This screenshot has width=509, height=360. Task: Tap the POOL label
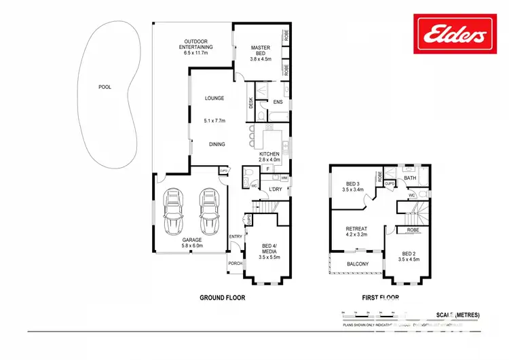[x=105, y=87]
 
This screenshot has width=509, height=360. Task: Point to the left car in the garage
[x=173, y=211]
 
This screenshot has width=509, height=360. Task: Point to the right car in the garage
[x=209, y=211]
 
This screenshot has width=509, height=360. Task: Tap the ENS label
[x=278, y=102]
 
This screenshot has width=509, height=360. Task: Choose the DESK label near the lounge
[x=250, y=103]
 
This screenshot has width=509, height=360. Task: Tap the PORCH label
[x=235, y=264]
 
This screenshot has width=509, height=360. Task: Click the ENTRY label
[x=235, y=236]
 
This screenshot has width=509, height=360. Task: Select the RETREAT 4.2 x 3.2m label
[x=356, y=233]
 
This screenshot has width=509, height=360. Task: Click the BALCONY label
[x=358, y=264]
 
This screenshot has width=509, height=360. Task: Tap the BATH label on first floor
[x=410, y=178]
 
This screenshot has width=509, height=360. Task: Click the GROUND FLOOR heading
[x=222, y=298]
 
